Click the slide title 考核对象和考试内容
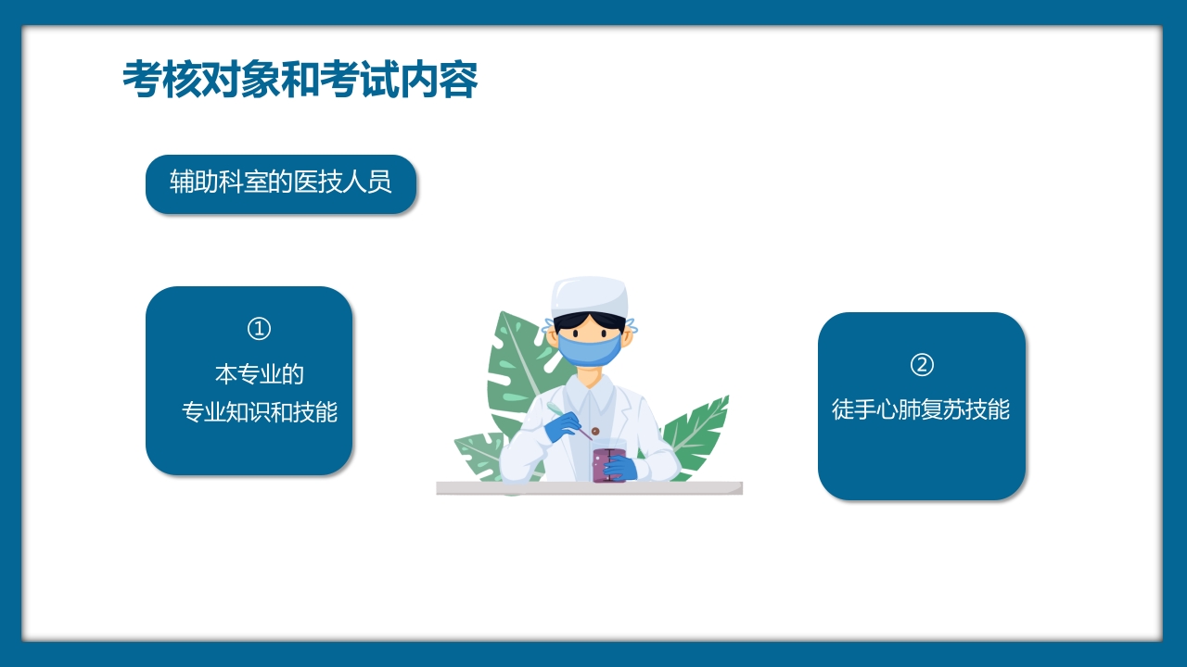click(300, 81)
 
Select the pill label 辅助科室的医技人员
click(280, 182)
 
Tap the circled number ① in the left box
click(259, 329)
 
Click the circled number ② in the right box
click(921, 365)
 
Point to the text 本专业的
click(259, 374)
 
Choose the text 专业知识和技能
click(259, 412)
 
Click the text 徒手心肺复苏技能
click(921, 409)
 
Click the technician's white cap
click(590, 296)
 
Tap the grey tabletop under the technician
click(590, 488)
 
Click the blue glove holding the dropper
click(562, 426)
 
